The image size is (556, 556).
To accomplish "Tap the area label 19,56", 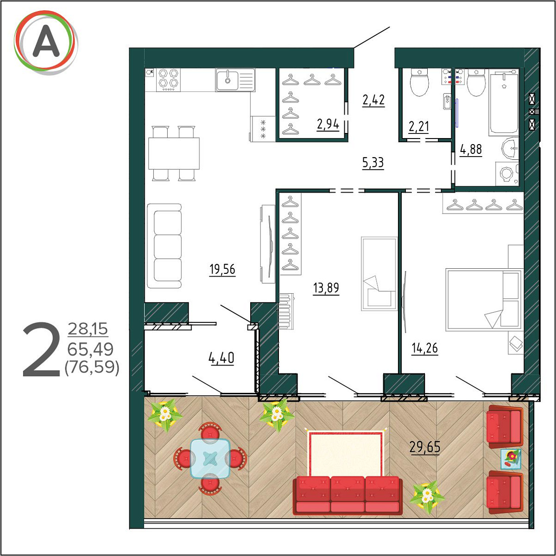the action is [x=222, y=270].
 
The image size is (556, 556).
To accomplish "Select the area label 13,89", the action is [x=326, y=288].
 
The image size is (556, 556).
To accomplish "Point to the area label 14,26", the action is [x=425, y=348].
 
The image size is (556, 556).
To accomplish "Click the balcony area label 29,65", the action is [x=425, y=448].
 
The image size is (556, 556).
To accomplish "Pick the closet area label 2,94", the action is [x=328, y=124].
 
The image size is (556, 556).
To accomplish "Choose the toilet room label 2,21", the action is [x=419, y=126].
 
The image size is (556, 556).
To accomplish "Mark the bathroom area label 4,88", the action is [x=471, y=150].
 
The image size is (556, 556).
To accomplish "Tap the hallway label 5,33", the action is [x=373, y=163].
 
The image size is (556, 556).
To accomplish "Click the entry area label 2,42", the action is [x=373, y=100].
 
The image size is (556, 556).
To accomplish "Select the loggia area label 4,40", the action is [x=221, y=358].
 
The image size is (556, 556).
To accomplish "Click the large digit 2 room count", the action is [x=41, y=349].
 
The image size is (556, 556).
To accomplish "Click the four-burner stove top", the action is [x=169, y=80].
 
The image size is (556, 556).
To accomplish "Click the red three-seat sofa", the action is [x=347, y=495].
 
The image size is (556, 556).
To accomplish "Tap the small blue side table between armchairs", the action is [x=511, y=459].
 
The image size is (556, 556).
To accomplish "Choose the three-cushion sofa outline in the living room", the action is [x=164, y=246].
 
